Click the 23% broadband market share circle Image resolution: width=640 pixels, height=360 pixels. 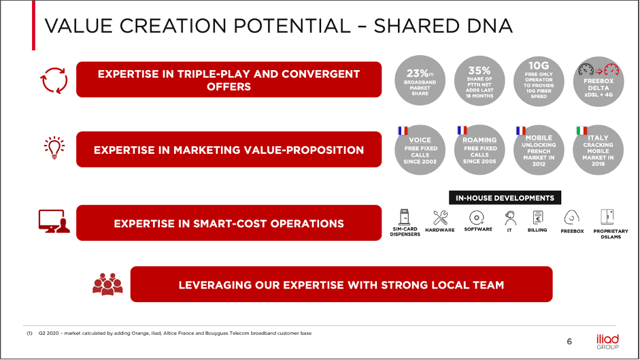(x=420, y=80)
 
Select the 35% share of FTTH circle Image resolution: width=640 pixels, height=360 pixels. (x=479, y=81)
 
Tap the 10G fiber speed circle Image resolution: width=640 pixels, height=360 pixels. (x=539, y=81)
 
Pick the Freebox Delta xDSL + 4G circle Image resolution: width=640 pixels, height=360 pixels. (x=599, y=81)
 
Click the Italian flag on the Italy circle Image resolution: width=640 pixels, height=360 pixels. (x=582, y=131)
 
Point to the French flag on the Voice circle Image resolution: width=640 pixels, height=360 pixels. (x=403, y=131)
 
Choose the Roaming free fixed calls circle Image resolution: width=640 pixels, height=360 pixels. (x=479, y=150)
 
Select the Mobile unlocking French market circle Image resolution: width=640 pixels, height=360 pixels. (x=539, y=150)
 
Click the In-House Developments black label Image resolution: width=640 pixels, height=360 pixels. (x=505, y=198)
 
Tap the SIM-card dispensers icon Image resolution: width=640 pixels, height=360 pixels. (x=404, y=217)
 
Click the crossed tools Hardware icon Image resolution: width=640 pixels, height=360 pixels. (x=441, y=217)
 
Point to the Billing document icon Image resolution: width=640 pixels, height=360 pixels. (x=538, y=217)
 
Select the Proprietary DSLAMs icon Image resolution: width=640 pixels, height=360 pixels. (x=607, y=217)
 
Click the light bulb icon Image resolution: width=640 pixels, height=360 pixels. (x=54, y=148)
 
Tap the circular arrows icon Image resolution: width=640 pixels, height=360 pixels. (x=54, y=80)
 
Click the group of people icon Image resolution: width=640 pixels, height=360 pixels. (x=107, y=284)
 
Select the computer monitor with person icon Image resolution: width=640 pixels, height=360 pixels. (x=54, y=221)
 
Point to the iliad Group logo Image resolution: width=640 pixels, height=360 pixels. (x=608, y=342)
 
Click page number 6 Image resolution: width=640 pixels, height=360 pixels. (x=569, y=342)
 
